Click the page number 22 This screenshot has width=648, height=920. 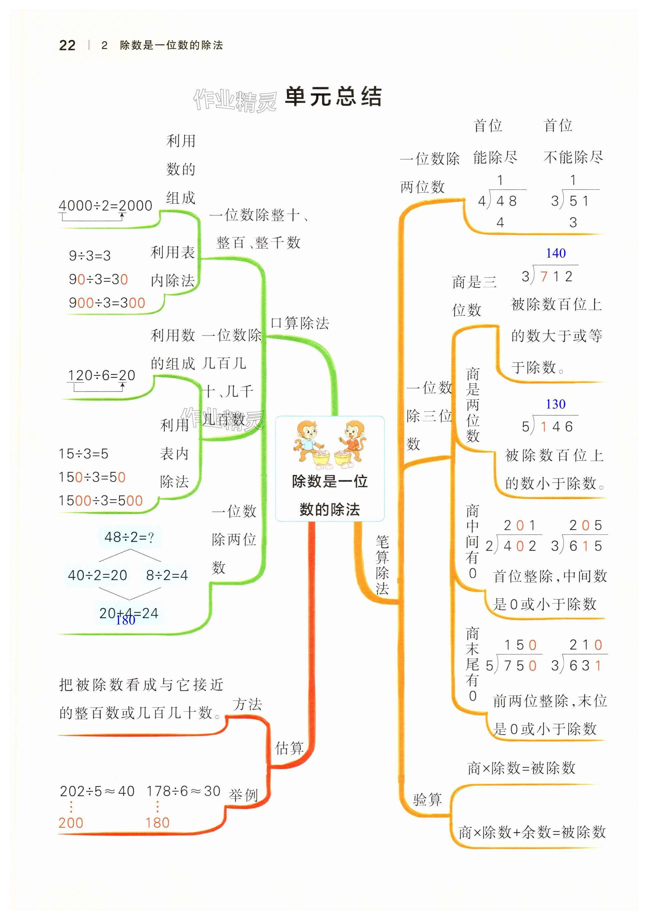(x=67, y=45)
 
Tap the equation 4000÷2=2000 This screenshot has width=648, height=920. (x=105, y=206)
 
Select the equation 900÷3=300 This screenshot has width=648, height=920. (x=107, y=303)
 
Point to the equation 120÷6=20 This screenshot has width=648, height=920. (x=101, y=376)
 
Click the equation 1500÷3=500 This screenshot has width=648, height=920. (x=101, y=500)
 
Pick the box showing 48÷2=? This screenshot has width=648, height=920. (x=129, y=537)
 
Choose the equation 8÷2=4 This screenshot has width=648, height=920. (x=167, y=575)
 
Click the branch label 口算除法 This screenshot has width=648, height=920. (x=300, y=323)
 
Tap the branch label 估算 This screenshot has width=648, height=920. (x=289, y=748)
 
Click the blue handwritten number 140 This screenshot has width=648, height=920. (x=555, y=253)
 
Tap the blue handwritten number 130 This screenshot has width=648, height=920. (x=555, y=404)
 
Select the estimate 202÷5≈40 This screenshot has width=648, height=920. (x=97, y=791)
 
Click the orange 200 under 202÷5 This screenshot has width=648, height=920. (x=71, y=823)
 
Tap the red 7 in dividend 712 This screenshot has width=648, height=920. (x=544, y=277)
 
